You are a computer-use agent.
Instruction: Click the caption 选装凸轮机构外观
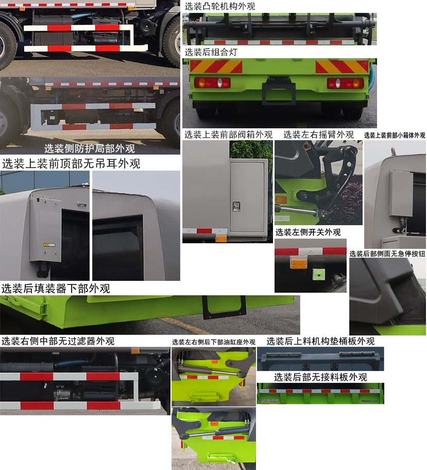tap(220, 6)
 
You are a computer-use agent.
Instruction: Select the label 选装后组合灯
tap(211, 52)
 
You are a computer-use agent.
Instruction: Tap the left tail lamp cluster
tap(212, 82)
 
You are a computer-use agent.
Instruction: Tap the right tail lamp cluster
tap(345, 83)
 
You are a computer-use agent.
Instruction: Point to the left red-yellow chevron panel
tap(216, 66)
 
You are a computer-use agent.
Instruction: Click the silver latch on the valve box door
tap(236, 206)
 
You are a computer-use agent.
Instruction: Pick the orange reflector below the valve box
tap(221, 238)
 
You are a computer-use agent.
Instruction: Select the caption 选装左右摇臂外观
tap(318, 135)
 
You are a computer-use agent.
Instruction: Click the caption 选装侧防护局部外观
tap(90, 149)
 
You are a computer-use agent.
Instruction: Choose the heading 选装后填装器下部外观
tap(56, 288)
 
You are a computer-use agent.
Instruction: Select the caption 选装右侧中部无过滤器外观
tap(58, 341)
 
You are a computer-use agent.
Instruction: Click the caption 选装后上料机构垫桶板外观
tap(320, 341)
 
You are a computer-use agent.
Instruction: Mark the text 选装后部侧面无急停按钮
tap(387, 254)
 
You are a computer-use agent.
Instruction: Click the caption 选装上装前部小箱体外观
tap(395, 136)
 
